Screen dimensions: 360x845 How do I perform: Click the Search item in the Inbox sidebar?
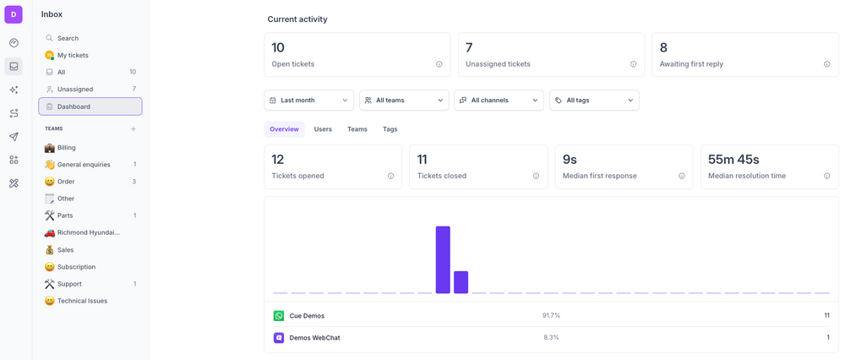point(68,38)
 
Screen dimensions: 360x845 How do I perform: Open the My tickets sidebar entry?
point(73,55)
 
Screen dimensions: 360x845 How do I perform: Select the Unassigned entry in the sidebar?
point(74,89)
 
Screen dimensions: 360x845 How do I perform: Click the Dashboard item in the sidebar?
point(74,106)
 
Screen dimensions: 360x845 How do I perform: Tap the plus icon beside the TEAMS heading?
point(134,128)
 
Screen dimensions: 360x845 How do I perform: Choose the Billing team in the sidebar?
point(66,147)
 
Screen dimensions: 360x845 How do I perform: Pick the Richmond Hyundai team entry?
point(88,232)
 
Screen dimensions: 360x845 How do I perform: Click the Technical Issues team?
point(82,301)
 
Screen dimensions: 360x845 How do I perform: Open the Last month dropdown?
point(308,100)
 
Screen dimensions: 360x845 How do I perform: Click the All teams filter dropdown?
point(404,100)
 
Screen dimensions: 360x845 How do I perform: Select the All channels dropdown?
point(499,100)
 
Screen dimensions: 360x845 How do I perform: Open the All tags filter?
point(594,100)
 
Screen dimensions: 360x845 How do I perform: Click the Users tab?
point(323,129)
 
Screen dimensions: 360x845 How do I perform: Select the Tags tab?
point(390,129)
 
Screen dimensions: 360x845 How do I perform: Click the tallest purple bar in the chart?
point(443,259)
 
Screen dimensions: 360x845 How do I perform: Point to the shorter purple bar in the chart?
point(461,282)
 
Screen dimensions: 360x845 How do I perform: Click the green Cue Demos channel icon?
point(279,315)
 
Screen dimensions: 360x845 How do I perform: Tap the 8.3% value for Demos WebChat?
point(551,337)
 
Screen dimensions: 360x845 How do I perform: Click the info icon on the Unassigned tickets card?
point(633,64)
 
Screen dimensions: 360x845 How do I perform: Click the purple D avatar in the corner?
point(14,14)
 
